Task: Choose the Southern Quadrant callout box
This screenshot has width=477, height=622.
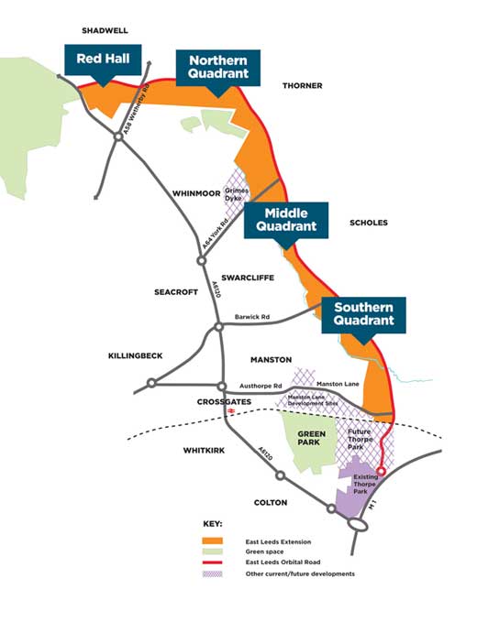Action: pos(363,314)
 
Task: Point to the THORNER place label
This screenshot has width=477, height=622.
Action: pos(303,85)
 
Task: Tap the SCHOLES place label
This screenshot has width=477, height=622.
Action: pos(369,223)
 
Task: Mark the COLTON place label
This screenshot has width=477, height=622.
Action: pos(275,503)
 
